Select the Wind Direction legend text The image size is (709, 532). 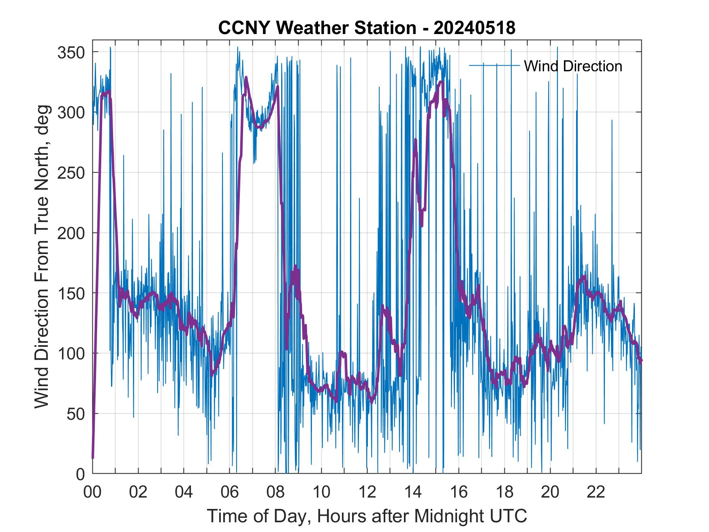click(573, 66)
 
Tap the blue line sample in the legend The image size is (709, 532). click(494, 66)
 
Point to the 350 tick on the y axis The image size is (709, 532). click(72, 52)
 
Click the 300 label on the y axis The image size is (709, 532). click(72, 112)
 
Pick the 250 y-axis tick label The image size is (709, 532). click(72, 173)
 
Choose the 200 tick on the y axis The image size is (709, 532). click(72, 233)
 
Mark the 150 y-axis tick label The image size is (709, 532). click(72, 293)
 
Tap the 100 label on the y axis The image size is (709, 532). click(72, 353)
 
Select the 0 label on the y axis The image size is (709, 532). click(81, 474)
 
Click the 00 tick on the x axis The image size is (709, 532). click(92, 493)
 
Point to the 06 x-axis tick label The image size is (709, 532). click(230, 493)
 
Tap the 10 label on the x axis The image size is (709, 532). click(321, 493)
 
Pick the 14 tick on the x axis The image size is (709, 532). click(413, 493)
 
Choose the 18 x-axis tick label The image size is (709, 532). click(504, 493)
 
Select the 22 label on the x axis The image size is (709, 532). click(596, 493)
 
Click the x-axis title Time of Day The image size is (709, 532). click(367, 516)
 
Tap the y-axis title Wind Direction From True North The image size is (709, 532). click(42, 256)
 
